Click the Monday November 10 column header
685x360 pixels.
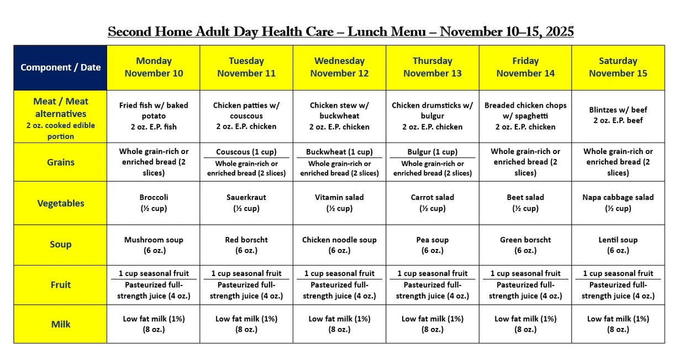[154, 67]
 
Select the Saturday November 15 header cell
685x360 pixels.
[618, 67]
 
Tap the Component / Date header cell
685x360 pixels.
[60, 67]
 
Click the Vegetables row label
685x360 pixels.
[60, 203]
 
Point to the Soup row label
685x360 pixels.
[60, 245]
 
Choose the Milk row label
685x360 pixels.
[60, 324]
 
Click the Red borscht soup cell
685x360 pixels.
[246, 245]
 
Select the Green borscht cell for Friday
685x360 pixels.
[525, 245]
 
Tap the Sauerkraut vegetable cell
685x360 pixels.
[246, 203]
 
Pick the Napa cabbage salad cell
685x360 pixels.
[618, 203]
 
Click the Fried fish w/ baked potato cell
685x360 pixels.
[154, 116]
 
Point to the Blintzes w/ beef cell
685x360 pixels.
[618, 115]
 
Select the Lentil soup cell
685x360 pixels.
[618, 245]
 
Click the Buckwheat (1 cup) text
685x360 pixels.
[339, 152]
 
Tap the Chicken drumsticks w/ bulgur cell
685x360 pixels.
[432, 116]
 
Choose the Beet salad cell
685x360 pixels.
[525, 203]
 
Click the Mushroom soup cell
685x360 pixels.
[154, 245]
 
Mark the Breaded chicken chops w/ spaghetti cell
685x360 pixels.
[525, 116]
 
